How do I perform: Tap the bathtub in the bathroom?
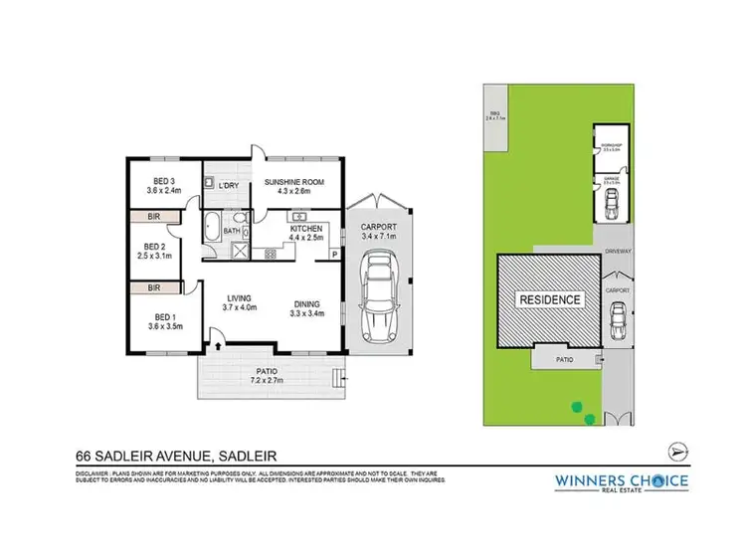pyautogui.click(x=214, y=228)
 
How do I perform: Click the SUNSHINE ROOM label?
pyautogui.click(x=293, y=181)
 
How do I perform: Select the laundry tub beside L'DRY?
pyautogui.click(x=210, y=185)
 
